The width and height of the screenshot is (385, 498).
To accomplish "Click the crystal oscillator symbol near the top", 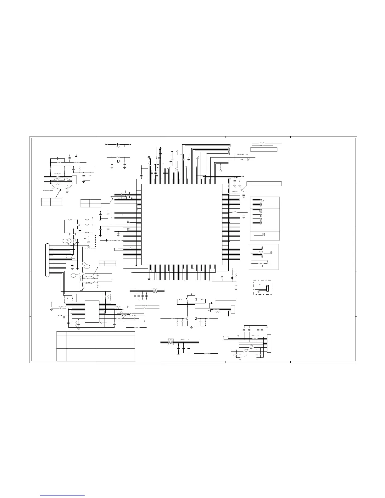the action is (118, 162).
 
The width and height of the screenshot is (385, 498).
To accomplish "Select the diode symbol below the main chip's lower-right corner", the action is (232, 278).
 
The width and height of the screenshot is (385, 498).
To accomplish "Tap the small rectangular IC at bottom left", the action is (92, 311).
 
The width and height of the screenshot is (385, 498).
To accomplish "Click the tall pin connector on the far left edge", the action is (47, 260).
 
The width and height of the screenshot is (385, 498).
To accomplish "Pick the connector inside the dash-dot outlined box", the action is (267, 288).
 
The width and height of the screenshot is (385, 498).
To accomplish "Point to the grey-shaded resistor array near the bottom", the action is (170, 342).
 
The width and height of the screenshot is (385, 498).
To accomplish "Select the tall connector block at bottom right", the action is (269, 344).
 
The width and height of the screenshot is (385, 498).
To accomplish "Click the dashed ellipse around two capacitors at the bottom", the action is (240, 354).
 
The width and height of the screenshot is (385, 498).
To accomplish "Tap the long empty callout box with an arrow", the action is (264, 184).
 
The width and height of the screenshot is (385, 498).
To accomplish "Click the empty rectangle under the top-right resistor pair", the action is (264, 149).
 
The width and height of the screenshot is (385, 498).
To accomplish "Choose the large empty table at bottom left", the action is (96, 346).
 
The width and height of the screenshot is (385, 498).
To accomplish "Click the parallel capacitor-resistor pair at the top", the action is (118, 145).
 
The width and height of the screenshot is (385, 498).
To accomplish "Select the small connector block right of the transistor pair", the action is (233, 309).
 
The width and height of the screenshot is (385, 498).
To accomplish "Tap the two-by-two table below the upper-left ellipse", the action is (52, 202).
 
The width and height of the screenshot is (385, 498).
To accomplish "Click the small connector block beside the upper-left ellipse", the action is (74, 180).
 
